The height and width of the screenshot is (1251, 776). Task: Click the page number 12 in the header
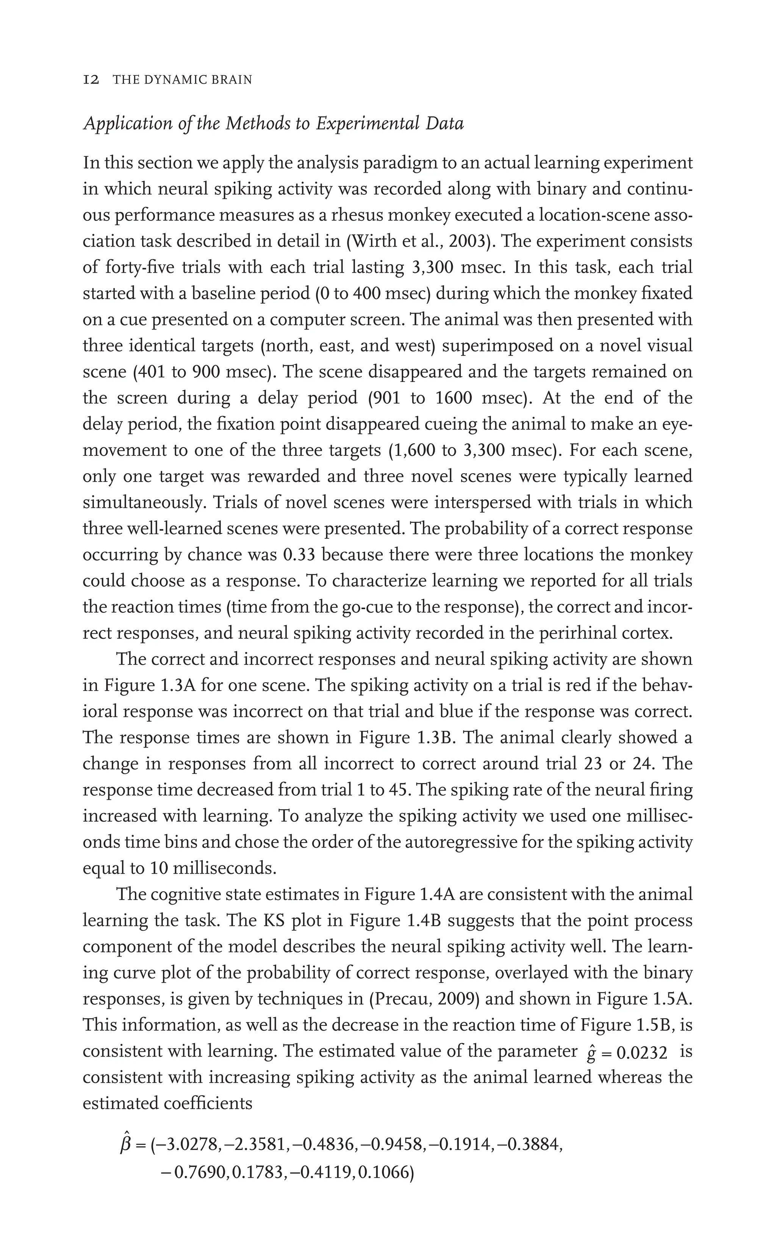click(x=91, y=80)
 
